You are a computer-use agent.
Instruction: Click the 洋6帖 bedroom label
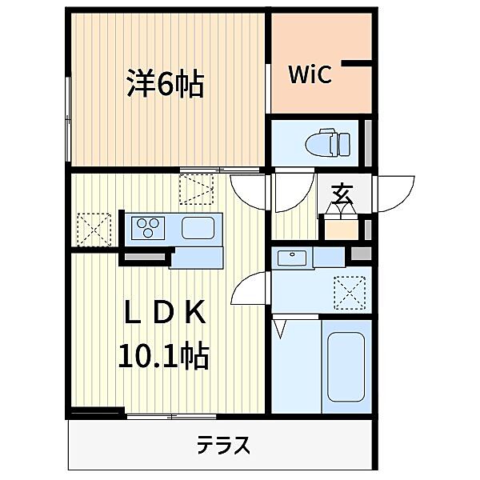coord(165,83)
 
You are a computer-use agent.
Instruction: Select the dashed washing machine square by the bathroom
coord(350,291)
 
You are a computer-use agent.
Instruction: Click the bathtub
coord(346,366)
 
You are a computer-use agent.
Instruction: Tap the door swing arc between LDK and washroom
coord(254,288)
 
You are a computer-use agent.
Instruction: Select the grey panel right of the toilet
coord(368,143)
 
